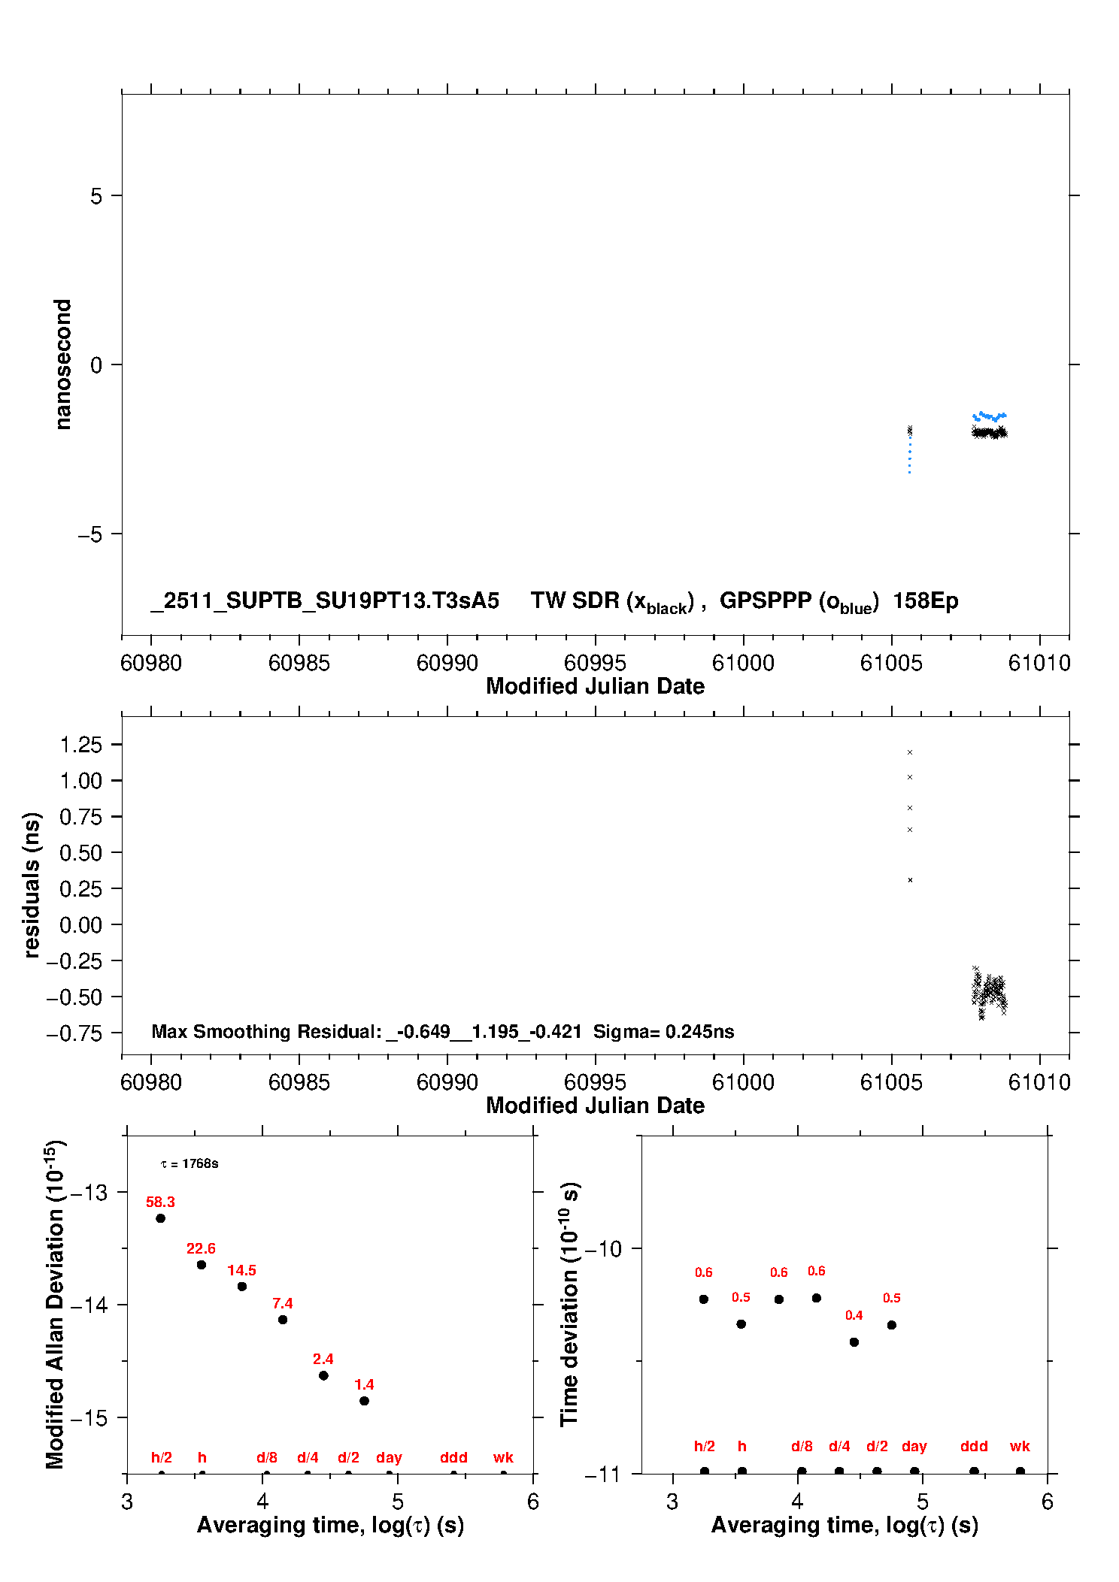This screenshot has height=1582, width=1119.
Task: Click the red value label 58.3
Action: point(160,1202)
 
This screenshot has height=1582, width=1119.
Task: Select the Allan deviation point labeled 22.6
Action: point(202,1265)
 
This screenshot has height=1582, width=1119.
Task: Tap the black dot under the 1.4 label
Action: point(364,1401)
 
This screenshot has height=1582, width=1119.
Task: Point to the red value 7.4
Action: point(283,1303)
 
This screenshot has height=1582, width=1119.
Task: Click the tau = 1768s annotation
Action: point(190,1164)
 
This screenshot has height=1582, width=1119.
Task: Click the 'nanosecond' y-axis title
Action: point(63,364)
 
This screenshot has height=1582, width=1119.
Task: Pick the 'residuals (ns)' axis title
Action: point(32,885)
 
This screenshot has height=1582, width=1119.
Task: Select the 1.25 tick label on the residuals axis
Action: point(80,745)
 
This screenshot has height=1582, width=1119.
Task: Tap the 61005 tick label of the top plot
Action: point(891,663)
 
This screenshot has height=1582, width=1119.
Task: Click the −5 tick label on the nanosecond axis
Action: point(89,534)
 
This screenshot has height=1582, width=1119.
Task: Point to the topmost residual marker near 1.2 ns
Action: point(910,752)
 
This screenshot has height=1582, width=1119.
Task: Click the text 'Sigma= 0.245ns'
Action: point(663,1031)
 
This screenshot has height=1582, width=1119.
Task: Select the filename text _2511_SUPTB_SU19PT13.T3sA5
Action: point(325,600)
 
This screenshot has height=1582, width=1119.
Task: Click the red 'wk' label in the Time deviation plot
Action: point(1020,1446)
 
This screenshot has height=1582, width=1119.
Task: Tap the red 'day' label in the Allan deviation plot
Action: point(389,1457)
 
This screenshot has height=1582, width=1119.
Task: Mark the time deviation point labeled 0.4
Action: point(854,1342)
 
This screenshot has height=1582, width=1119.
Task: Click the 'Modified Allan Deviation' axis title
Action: point(54,1305)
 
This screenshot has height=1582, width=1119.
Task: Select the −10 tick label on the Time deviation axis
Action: point(603,1249)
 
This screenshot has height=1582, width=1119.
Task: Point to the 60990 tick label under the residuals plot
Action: point(447,1082)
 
